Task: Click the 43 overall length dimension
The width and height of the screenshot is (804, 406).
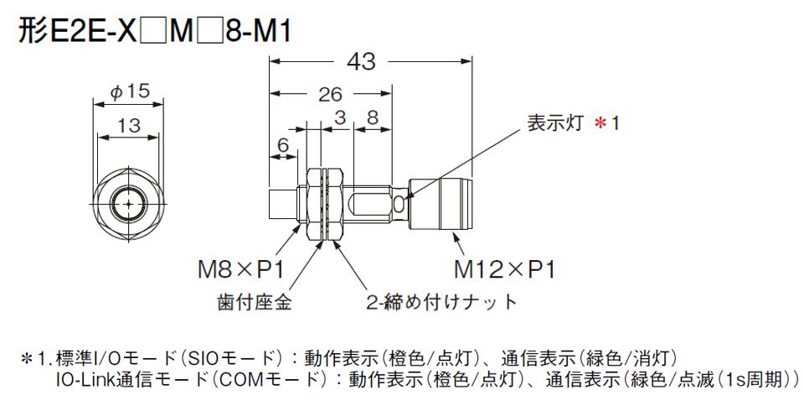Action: [x=362, y=61]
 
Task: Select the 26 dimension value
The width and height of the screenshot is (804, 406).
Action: [x=330, y=95]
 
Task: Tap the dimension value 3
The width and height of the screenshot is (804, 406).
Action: [x=339, y=117]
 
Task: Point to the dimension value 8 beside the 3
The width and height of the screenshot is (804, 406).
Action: [x=373, y=117]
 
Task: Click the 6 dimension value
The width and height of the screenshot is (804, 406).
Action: [x=283, y=146]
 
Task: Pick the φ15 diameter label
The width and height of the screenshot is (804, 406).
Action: [x=131, y=91]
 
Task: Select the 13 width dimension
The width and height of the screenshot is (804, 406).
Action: [x=128, y=125]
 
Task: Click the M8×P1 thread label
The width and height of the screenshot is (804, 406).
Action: [x=240, y=270]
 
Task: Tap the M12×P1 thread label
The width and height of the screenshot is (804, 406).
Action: [x=504, y=270]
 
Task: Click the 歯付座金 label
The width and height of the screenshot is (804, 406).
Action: [x=255, y=302]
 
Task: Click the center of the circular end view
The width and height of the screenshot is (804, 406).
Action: [x=128, y=204]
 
